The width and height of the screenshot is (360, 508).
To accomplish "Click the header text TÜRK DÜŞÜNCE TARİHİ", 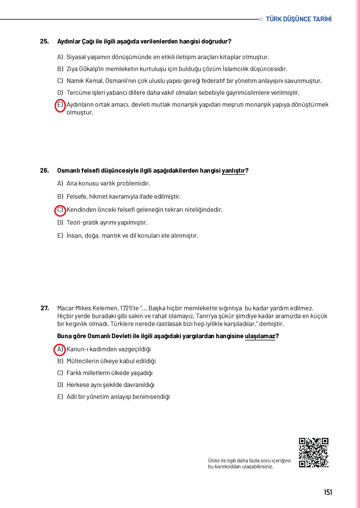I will (298, 19).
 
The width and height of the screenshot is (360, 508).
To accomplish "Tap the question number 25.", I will (44, 41).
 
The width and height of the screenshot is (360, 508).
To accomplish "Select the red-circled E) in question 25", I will (60, 105).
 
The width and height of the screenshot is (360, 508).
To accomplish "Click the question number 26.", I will (44, 170).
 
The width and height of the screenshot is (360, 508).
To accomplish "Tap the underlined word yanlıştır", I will (233, 170).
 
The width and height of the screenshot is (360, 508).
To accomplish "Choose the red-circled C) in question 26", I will (60, 210).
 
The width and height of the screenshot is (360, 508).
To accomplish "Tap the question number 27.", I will (45, 308).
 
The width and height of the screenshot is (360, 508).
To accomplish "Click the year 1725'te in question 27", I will (129, 308).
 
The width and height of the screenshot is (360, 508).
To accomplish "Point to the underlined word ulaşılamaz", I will (260, 336).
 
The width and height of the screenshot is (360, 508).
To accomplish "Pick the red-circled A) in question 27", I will (60, 349).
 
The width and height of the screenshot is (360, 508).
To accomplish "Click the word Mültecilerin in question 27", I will (82, 361).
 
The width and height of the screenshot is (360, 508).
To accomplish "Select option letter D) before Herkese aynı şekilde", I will (60, 385).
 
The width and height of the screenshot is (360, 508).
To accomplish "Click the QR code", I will (313, 453).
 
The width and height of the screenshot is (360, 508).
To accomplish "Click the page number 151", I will (328, 492).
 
